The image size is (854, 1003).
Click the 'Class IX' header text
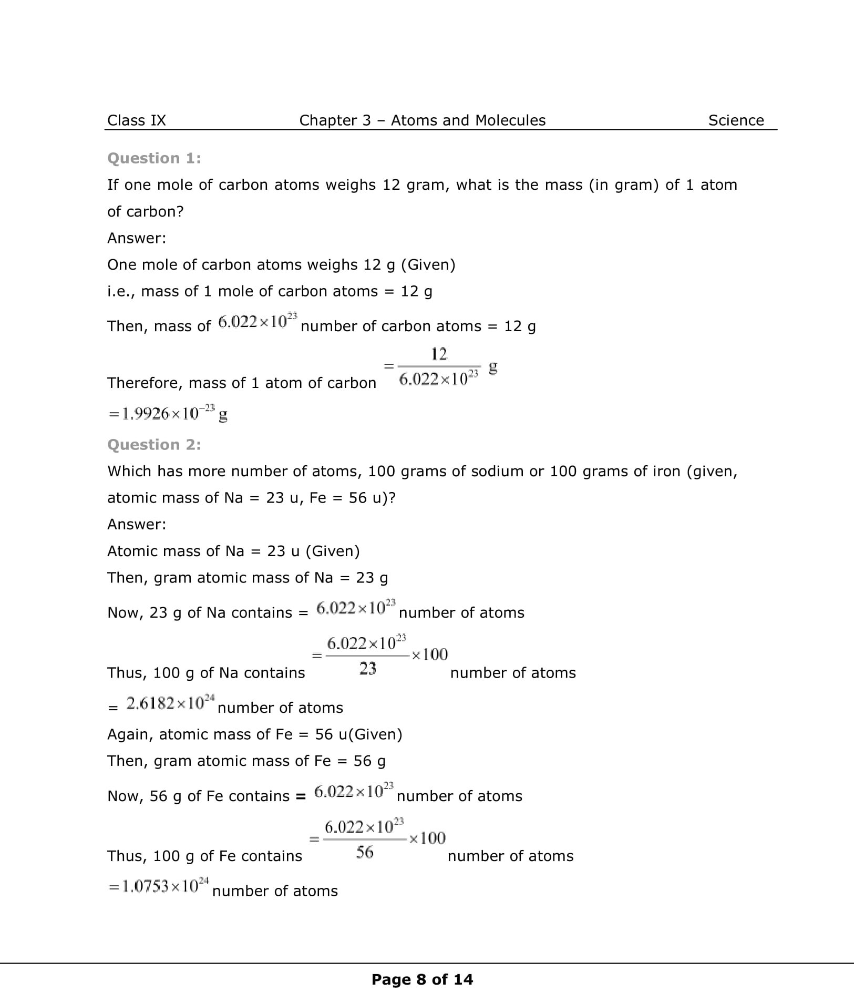(x=136, y=120)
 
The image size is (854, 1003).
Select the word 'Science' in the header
(x=736, y=120)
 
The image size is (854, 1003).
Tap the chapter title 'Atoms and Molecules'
(x=468, y=120)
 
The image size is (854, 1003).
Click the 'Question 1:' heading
(x=154, y=158)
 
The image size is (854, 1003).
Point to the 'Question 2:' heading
(x=154, y=445)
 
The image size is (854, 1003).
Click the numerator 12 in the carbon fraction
(x=439, y=354)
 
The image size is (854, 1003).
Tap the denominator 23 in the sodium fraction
(x=367, y=669)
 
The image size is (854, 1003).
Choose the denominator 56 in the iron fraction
(x=365, y=852)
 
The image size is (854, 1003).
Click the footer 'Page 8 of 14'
(x=422, y=979)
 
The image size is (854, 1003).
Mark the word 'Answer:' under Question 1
(x=137, y=238)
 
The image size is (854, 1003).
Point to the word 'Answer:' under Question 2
(x=137, y=524)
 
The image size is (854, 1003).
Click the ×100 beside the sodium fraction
(x=430, y=654)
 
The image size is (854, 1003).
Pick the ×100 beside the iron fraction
(x=427, y=838)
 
